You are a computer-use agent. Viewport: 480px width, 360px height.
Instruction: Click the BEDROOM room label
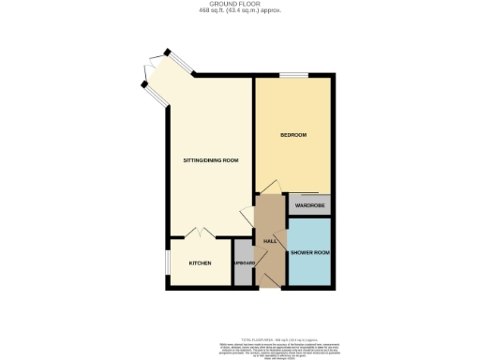point(294,136)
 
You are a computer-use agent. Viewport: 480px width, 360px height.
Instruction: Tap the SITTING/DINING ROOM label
point(210,160)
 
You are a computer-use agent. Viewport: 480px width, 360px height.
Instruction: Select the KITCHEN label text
point(201,263)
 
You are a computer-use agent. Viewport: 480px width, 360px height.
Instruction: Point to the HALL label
point(270,242)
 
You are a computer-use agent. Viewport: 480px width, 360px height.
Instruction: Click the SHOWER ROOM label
point(310,252)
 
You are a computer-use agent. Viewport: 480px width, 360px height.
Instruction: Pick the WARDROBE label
point(309,204)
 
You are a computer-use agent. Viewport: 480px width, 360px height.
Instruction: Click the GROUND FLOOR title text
point(239,4)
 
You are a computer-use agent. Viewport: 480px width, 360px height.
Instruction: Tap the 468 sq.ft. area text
point(239,10)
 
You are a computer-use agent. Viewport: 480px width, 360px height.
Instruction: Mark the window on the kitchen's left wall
point(169,263)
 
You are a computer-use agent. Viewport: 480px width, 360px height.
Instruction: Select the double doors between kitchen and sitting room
point(201,231)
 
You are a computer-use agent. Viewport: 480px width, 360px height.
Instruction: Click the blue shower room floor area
point(310,267)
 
